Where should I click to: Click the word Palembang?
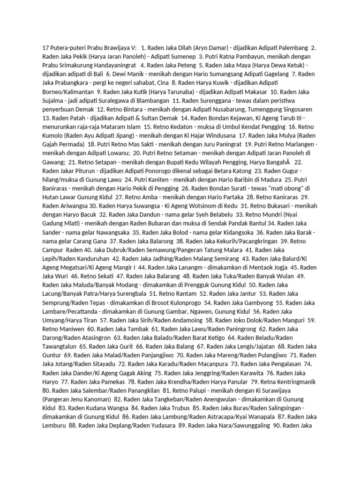[x=290, y=48]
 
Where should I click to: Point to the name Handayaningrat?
[x=109, y=65]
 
